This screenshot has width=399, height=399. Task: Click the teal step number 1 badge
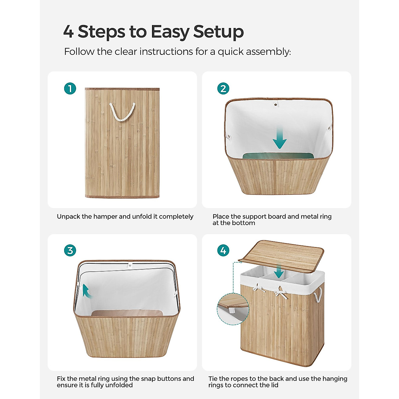(70, 88)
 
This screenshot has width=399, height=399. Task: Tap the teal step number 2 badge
(223, 88)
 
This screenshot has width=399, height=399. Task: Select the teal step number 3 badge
(70, 250)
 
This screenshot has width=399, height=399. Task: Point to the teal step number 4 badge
(223, 250)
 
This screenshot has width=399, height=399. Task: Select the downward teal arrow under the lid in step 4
(279, 271)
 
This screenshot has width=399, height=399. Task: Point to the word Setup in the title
(218, 32)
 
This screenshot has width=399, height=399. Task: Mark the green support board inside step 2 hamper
(279, 156)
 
